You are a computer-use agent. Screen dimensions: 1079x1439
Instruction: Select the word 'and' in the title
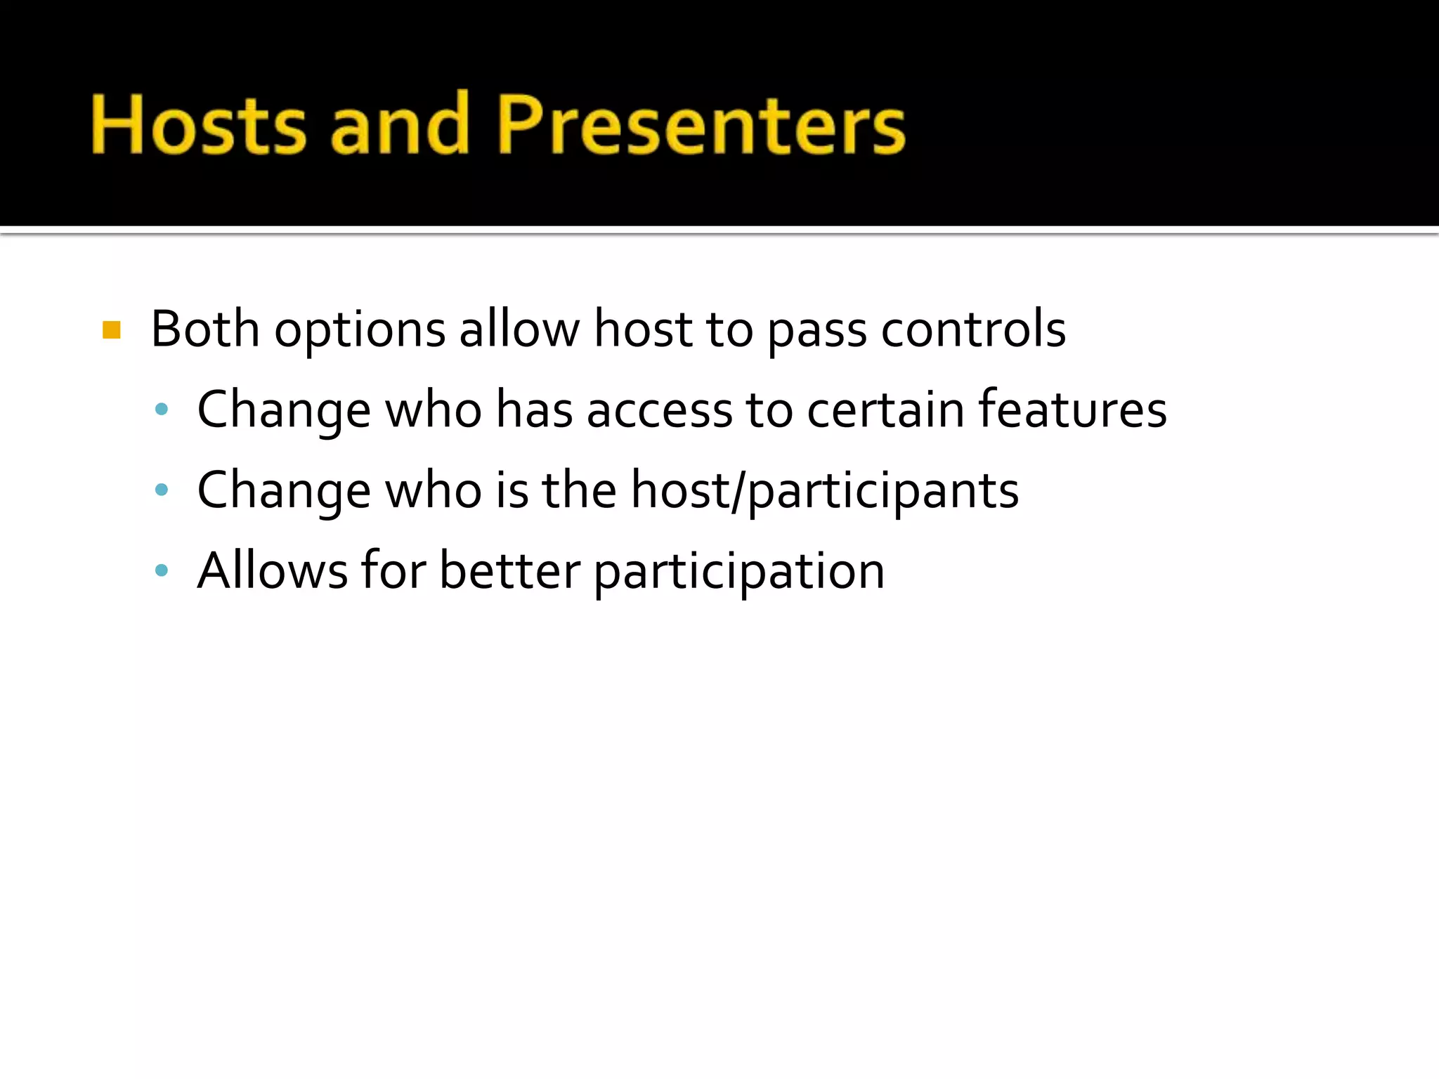(x=400, y=125)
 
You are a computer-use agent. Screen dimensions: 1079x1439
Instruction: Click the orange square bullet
(x=112, y=329)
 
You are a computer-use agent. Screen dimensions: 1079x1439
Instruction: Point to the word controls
(x=973, y=329)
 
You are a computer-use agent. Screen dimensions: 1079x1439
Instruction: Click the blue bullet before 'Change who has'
(x=162, y=409)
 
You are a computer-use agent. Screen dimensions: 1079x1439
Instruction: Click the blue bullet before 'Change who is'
(x=162, y=490)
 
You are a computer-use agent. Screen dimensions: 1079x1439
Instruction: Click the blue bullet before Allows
(x=162, y=570)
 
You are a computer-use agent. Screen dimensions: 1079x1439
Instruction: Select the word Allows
(x=273, y=570)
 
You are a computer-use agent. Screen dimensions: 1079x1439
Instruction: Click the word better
(x=509, y=570)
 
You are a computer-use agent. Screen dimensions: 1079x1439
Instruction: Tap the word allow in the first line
(x=519, y=329)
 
